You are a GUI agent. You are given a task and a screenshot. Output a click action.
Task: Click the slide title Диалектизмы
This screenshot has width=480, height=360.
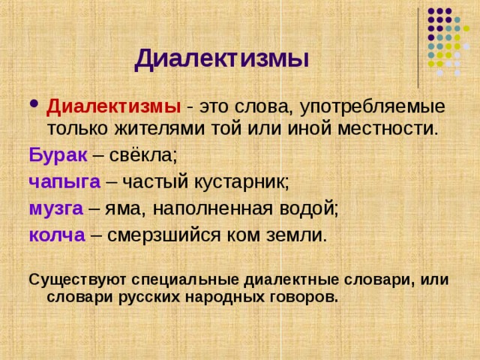(222, 58)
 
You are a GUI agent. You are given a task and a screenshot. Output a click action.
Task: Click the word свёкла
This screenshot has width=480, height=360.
(142, 156)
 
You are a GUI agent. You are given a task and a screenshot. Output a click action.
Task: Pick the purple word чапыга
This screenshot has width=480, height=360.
(64, 181)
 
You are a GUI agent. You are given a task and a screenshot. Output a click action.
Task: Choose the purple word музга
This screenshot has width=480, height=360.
(55, 208)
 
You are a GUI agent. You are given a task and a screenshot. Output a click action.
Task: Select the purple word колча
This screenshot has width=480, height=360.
(56, 234)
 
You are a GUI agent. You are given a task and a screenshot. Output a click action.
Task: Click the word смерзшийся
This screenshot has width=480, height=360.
(164, 234)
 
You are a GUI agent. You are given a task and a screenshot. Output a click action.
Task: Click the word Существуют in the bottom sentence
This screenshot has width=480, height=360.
(78, 280)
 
